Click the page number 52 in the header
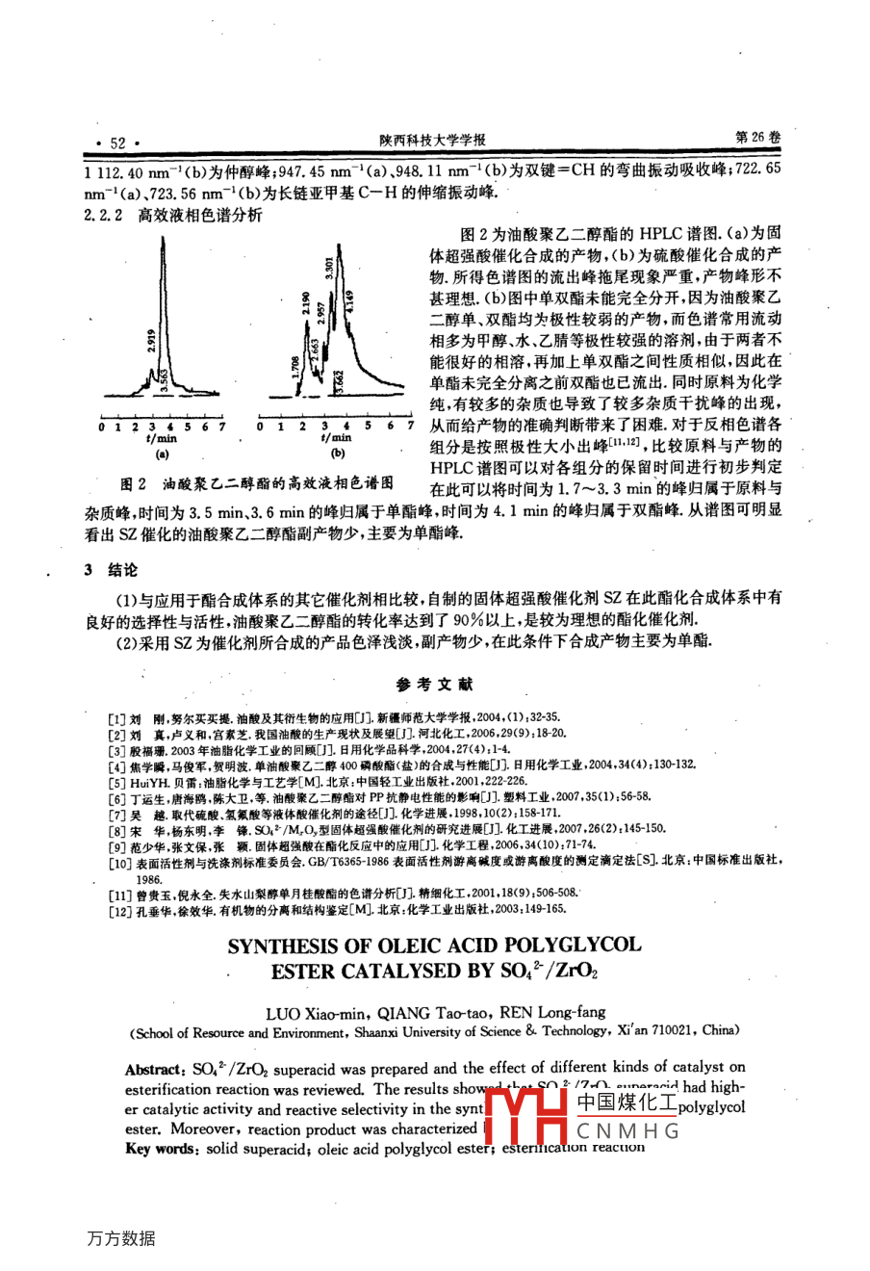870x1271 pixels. coord(117,143)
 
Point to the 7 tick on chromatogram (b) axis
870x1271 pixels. coord(411,426)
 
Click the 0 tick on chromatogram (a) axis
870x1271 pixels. coord(102,426)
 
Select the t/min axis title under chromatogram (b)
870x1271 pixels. coord(337,437)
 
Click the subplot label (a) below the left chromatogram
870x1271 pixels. coord(162,453)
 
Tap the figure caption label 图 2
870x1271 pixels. coord(132,483)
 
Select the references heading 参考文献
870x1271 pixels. coord(434,685)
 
